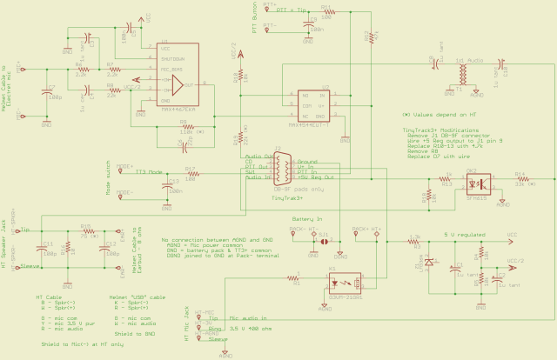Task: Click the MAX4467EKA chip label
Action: [178, 108]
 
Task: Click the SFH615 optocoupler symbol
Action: [473, 183]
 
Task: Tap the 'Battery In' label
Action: [307, 219]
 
